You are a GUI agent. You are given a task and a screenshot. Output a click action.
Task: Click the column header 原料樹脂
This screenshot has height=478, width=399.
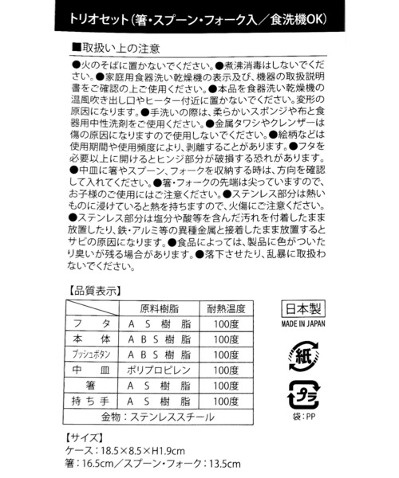coord(159,309)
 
